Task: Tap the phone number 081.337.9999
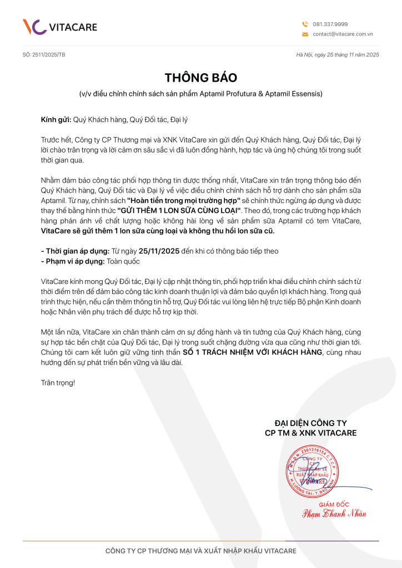tap(330, 24)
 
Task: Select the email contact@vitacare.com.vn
tap(342, 34)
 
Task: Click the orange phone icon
tap(305, 24)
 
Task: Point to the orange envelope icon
tap(305, 34)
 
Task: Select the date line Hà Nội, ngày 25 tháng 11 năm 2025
tap(338, 55)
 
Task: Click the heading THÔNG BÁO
tap(200, 78)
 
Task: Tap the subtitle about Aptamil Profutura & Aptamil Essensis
tap(200, 94)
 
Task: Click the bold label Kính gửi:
tap(56, 119)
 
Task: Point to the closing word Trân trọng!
tap(58, 383)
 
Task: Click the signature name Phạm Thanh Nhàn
tap(334, 514)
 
